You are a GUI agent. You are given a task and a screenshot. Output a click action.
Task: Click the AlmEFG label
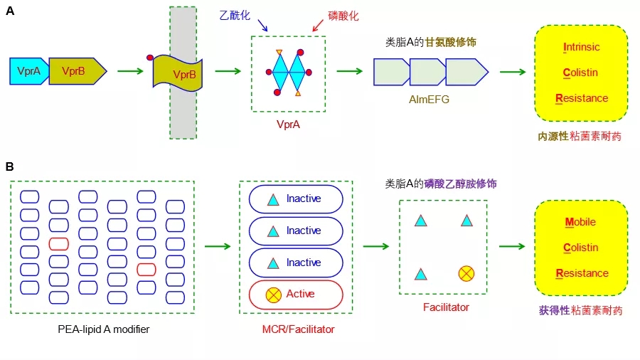tap(430, 100)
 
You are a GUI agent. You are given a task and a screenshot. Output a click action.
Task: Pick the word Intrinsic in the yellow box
tap(581, 48)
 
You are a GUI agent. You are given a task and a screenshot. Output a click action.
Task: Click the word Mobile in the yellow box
tap(580, 222)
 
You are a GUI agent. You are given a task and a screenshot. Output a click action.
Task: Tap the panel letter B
tap(10, 167)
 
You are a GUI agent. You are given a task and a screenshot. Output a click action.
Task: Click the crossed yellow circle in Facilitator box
tap(466, 273)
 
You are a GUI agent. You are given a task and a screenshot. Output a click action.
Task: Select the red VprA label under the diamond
tap(288, 124)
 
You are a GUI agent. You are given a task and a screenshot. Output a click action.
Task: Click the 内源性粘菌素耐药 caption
tap(580, 134)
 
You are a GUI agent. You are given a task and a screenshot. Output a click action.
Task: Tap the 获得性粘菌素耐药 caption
tap(580, 310)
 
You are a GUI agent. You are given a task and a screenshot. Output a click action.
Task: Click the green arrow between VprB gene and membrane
tap(129, 70)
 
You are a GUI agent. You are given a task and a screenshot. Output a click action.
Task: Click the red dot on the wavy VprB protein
tap(150, 57)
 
